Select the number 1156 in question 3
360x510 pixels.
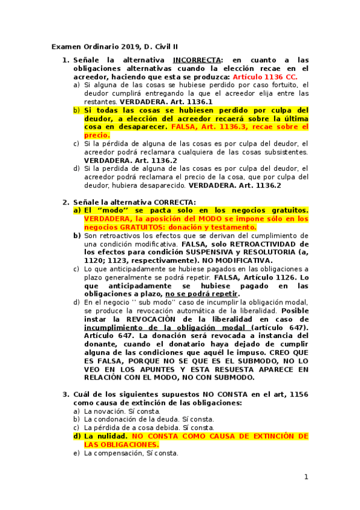point(298,394)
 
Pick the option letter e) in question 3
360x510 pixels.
point(76,453)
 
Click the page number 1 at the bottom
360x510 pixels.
point(306,477)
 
